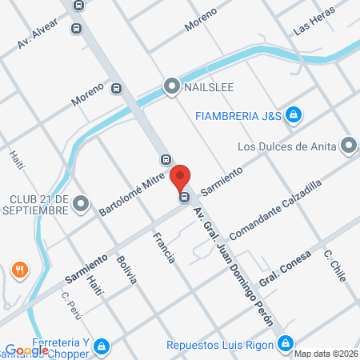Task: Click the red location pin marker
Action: coord(182,178)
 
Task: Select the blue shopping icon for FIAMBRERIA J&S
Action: coord(294,114)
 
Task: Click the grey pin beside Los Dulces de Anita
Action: coord(349,146)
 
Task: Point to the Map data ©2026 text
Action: coord(326,354)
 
